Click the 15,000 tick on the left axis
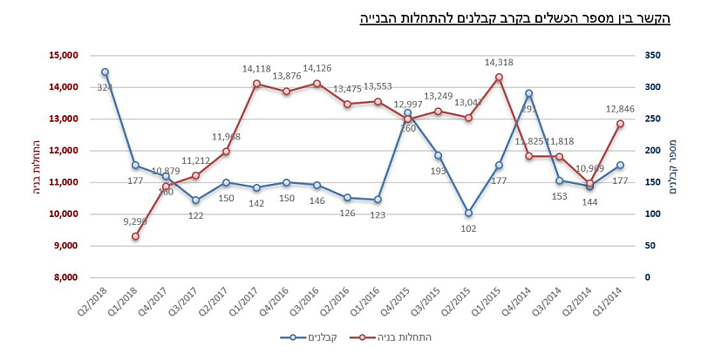coord(64,56)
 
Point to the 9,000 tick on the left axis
coord(66,246)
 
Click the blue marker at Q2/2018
coord(105,72)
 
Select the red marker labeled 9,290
coord(135,236)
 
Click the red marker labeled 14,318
coord(499,77)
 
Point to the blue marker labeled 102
coord(468,213)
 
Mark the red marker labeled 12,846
coord(620,124)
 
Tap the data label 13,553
coord(378,86)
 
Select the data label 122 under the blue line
coord(195,214)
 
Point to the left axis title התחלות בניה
coord(36,166)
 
